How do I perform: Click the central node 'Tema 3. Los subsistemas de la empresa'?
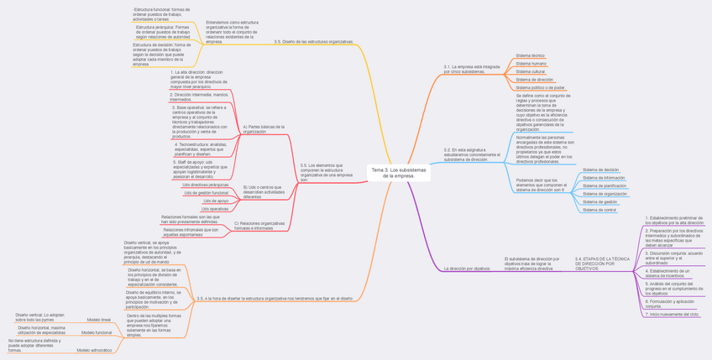click(x=399, y=173)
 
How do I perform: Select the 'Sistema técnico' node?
click(x=530, y=55)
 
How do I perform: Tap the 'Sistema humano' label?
click(x=531, y=64)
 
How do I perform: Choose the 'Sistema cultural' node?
click(x=531, y=71)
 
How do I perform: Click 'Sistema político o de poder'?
click(x=540, y=87)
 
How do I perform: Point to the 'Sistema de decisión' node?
click(x=600, y=170)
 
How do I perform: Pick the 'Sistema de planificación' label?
click(x=604, y=185)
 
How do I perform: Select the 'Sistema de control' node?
click(x=599, y=210)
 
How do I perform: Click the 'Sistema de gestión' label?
click(x=599, y=201)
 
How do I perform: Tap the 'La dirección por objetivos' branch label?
click(x=467, y=269)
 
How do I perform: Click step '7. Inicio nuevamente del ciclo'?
click(x=672, y=314)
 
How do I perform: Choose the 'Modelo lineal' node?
click(x=98, y=320)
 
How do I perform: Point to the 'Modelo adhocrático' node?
click(x=94, y=350)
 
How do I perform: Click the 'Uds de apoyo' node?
click(x=215, y=201)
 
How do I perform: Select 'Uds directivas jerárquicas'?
click(x=205, y=185)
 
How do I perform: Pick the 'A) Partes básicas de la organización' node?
click(x=264, y=129)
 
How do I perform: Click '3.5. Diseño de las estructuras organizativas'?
click(x=313, y=41)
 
